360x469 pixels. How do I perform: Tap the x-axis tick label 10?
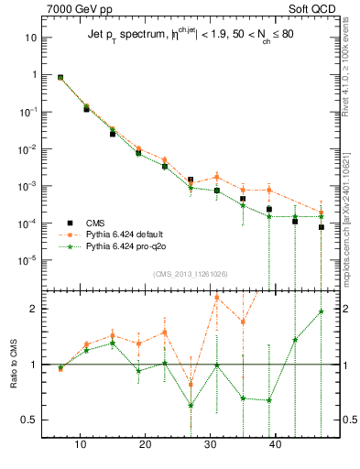tap(81, 445)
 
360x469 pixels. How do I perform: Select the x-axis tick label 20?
tap(146, 445)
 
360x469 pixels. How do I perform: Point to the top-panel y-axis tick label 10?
tap(30, 38)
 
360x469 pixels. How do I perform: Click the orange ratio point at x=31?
tap(217, 298)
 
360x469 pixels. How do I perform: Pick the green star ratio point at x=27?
tap(191, 405)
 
